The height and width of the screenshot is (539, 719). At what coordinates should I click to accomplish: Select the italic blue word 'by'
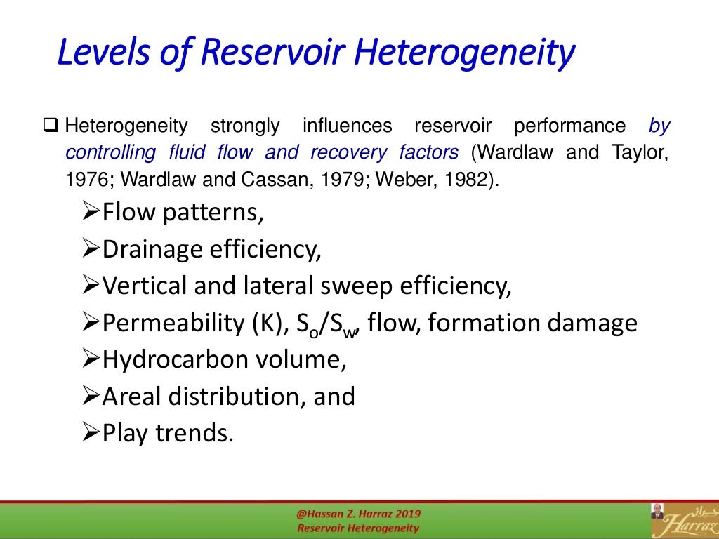(x=659, y=126)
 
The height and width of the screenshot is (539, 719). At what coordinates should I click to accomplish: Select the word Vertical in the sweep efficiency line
(x=143, y=286)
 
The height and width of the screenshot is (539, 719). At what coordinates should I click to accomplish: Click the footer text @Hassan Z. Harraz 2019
(x=357, y=514)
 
